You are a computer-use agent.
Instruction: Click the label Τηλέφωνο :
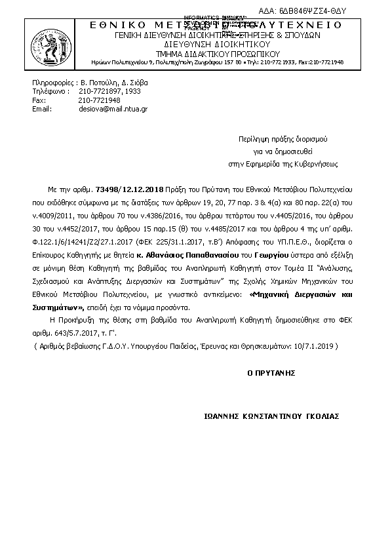click(x=51, y=92)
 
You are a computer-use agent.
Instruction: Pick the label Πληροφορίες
click(x=52, y=83)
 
